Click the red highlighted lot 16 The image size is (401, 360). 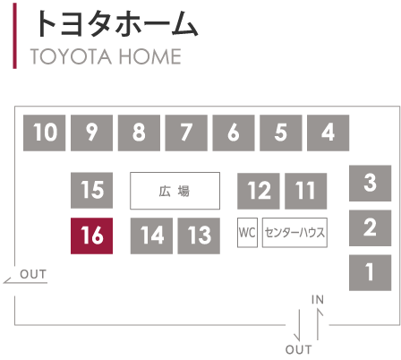pyautogui.click(x=91, y=236)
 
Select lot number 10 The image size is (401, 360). pyautogui.click(x=45, y=133)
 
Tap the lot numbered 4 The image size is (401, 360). pyautogui.click(x=328, y=133)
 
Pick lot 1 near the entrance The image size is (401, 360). pyautogui.click(x=371, y=272)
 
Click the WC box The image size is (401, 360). pyautogui.click(x=247, y=233)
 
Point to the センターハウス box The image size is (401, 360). pyautogui.click(x=294, y=233)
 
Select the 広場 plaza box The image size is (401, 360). pyautogui.click(x=175, y=191)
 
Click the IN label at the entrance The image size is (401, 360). pyautogui.click(x=318, y=299)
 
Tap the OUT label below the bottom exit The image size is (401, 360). pyautogui.click(x=299, y=349)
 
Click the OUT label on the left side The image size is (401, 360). pyautogui.click(x=33, y=274)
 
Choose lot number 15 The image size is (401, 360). pyautogui.click(x=91, y=190)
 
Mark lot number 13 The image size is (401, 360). pyautogui.click(x=199, y=236)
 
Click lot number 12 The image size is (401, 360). pyautogui.click(x=259, y=191)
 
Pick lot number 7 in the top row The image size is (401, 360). pyautogui.click(x=186, y=133)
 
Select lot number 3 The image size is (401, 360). pyautogui.click(x=371, y=184)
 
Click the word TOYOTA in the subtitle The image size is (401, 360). pyautogui.click(x=71, y=56)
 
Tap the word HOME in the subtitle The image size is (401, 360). pyautogui.click(x=150, y=56)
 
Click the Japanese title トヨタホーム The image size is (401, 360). pyautogui.click(x=116, y=24)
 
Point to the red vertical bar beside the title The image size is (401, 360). pyautogui.click(x=14, y=36)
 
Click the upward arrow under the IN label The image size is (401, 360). pyautogui.click(x=318, y=324)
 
